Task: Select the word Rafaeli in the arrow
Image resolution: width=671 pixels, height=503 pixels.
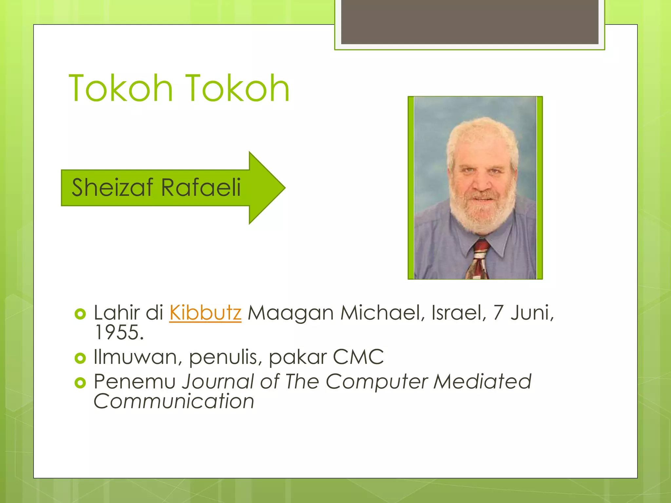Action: (201, 187)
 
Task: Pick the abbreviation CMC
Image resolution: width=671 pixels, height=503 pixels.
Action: (358, 357)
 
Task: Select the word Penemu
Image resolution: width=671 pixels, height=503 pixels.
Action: (135, 382)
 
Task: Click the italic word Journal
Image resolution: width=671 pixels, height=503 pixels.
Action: (218, 382)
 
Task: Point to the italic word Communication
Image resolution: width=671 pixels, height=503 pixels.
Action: (174, 401)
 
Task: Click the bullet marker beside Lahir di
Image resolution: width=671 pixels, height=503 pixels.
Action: (80, 314)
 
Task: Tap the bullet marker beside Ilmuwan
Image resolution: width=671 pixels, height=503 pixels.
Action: (80, 358)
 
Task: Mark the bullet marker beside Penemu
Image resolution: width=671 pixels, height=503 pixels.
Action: (80, 382)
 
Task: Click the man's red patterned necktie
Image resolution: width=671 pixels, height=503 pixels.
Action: (478, 260)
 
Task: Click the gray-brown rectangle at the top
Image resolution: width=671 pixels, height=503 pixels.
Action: (470, 22)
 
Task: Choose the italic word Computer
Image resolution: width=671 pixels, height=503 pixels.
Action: (377, 382)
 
